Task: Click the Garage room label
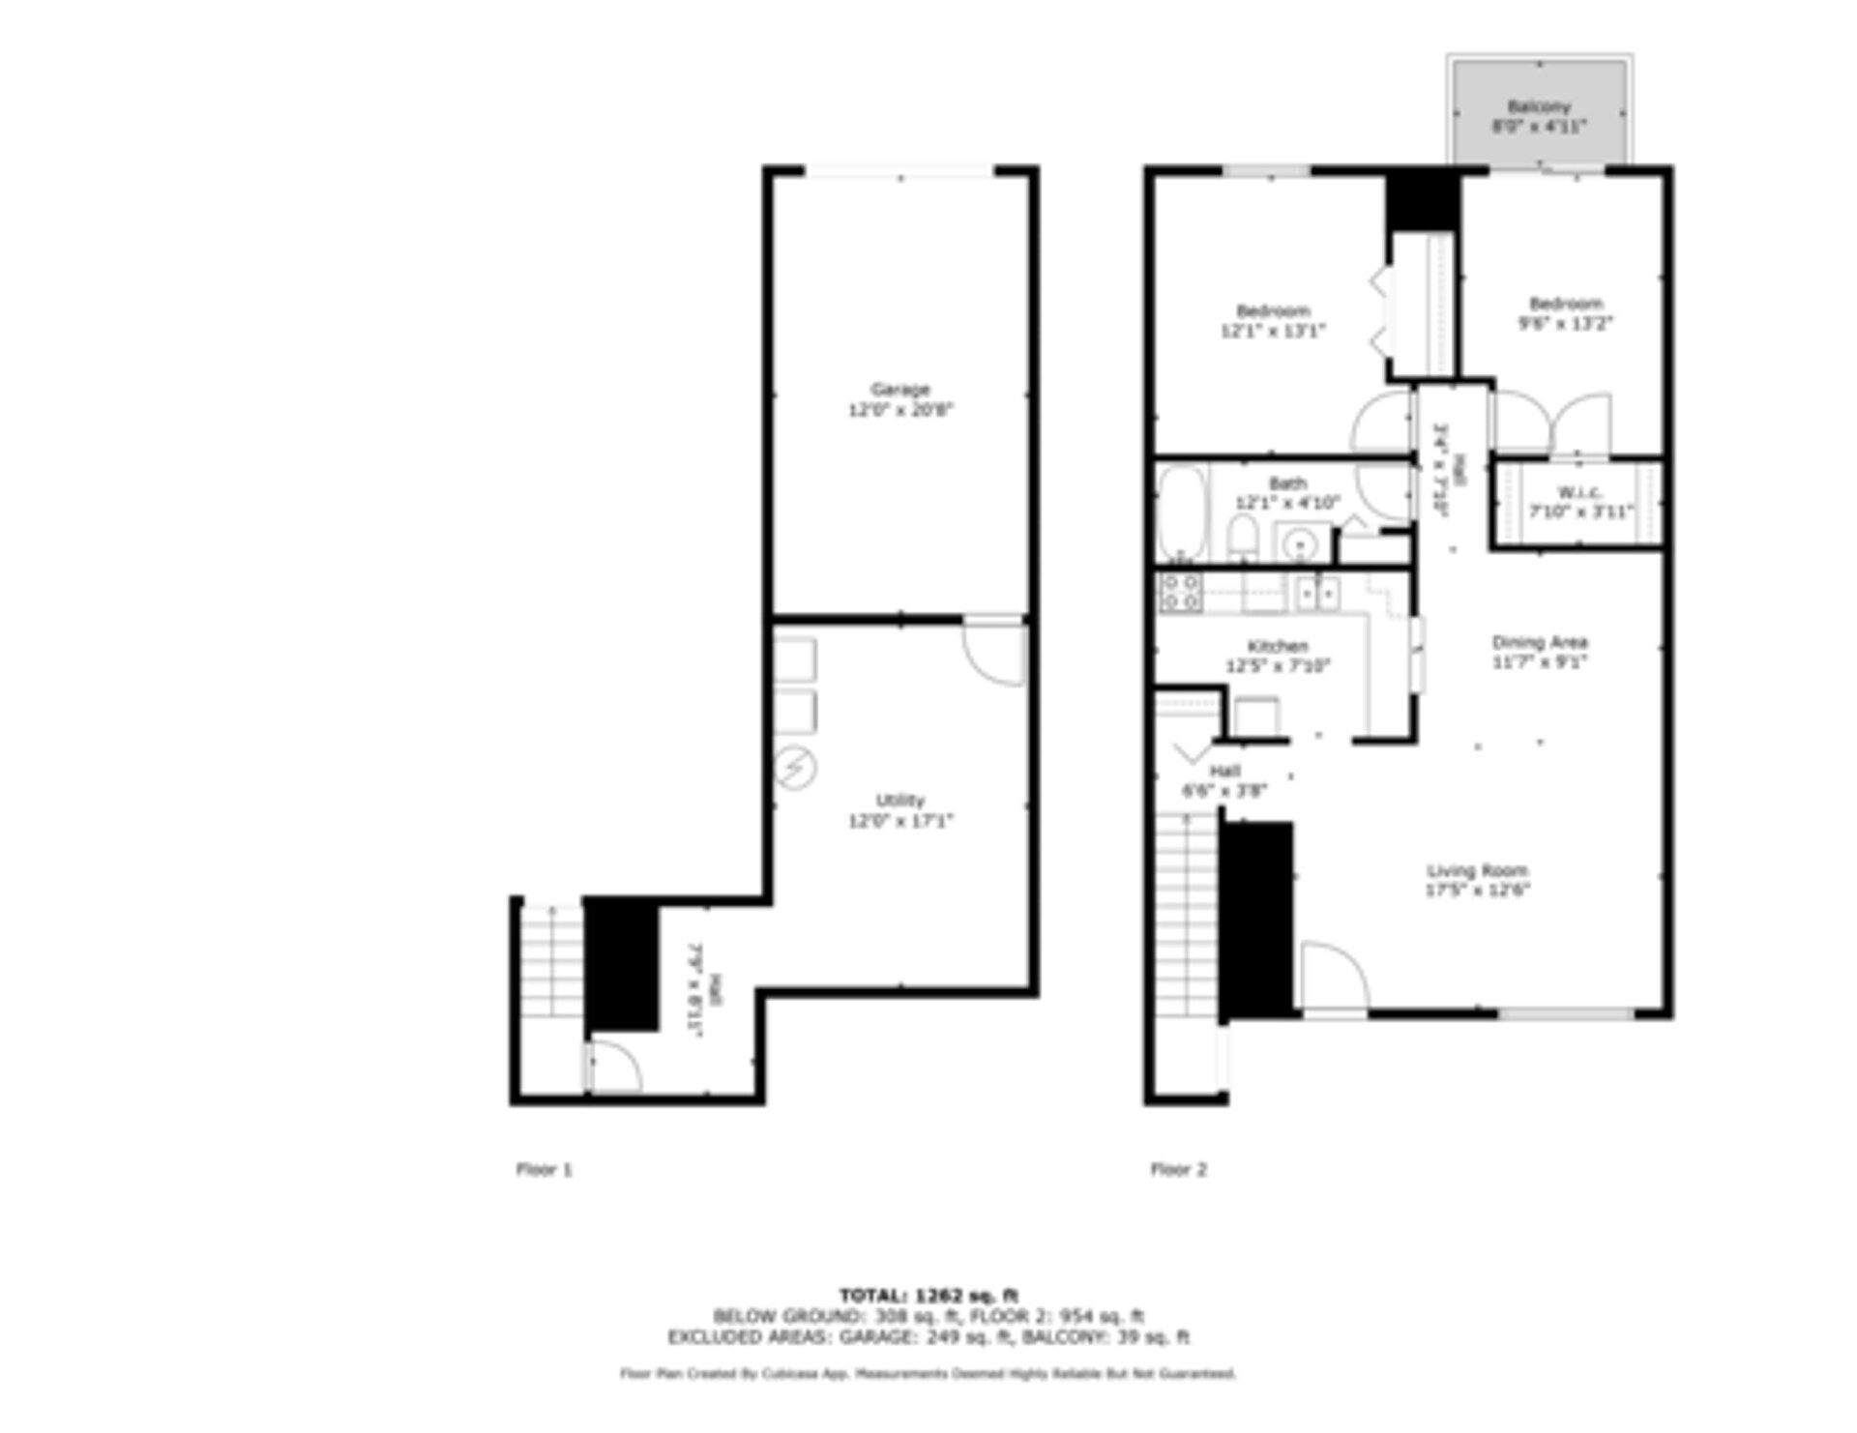coord(899,390)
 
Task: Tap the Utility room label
coord(899,801)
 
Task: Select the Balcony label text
coord(1539,106)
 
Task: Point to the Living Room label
coord(1477,870)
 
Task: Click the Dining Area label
coord(1540,642)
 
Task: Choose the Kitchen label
coord(1278,646)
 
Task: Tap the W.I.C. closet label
coord(1579,492)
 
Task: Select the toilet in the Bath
coord(1243,538)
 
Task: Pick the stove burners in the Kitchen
coord(1181,592)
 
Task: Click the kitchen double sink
coord(1317,591)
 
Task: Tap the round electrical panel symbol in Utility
coord(795,770)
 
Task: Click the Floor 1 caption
coord(544,1169)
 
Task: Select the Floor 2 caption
coord(1178,1169)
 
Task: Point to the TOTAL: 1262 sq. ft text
coord(928,1295)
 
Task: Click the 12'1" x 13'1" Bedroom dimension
coord(1273,331)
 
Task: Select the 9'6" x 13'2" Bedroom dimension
coord(1565,323)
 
